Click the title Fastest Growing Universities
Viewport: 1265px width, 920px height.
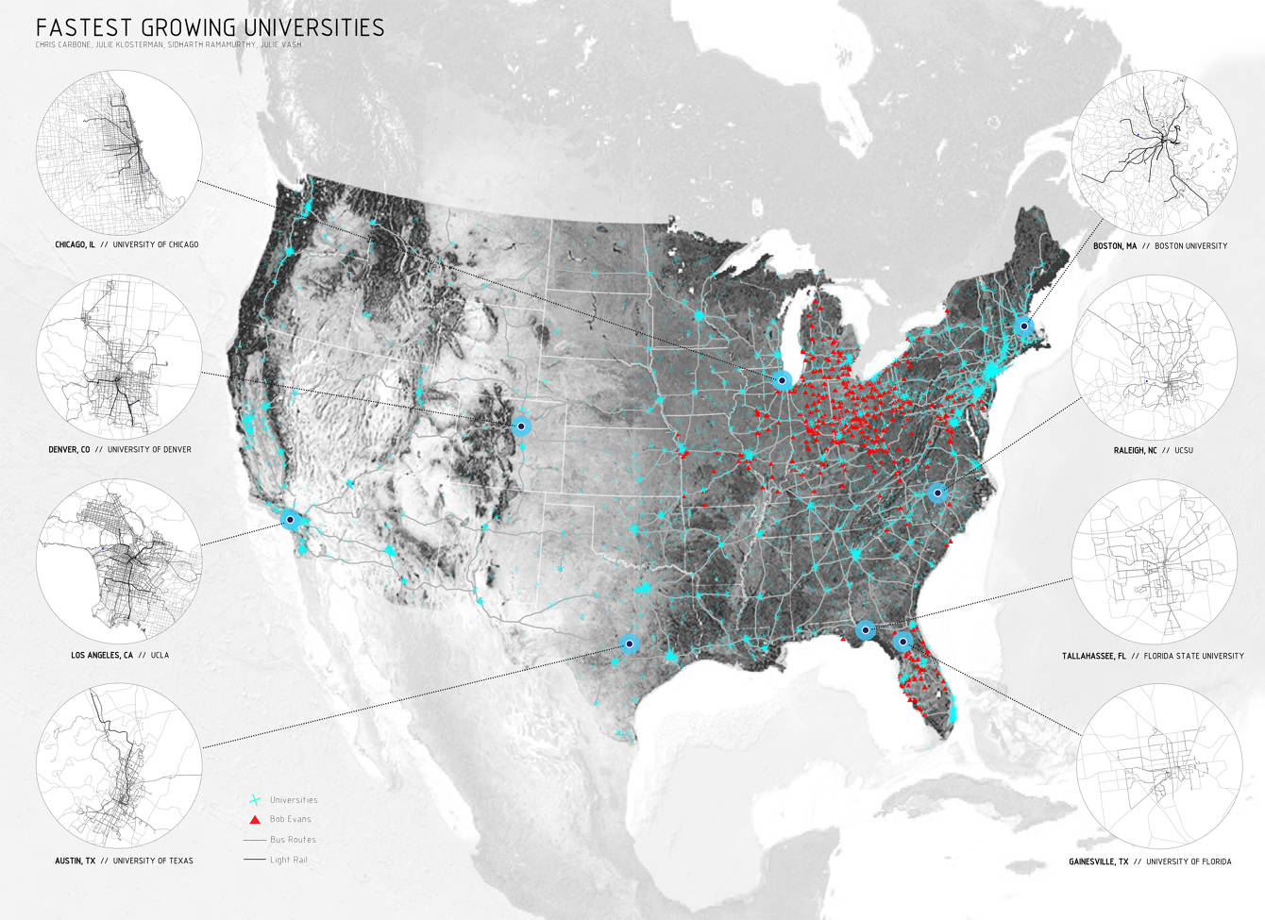click(x=210, y=27)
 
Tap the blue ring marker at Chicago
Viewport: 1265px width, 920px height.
click(x=782, y=380)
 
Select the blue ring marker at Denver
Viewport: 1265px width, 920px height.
click(x=521, y=425)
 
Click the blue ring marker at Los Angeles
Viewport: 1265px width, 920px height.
click(x=291, y=519)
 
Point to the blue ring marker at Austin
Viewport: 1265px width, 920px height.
click(x=629, y=644)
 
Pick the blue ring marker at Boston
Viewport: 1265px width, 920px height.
click(x=1024, y=326)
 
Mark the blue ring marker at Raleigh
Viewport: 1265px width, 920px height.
click(x=936, y=492)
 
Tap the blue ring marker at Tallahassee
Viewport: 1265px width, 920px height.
click(x=865, y=629)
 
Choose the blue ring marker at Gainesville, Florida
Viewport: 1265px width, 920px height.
click(x=903, y=642)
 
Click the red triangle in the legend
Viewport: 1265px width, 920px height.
click(x=254, y=819)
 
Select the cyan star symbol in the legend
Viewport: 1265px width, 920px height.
click(x=254, y=799)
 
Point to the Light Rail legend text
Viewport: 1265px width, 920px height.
click(x=289, y=860)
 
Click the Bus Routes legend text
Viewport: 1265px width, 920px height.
click(x=293, y=839)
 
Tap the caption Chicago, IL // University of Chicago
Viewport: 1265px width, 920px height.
click(x=126, y=244)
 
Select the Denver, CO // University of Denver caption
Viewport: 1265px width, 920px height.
click(x=120, y=449)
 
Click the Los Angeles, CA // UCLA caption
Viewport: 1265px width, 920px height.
click(x=120, y=655)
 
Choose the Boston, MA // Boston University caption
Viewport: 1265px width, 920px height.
click(x=1160, y=245)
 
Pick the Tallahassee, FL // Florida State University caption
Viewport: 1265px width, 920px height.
click(x=1153, y=656)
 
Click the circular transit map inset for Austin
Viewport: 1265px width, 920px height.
click(x=119, y=766)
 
